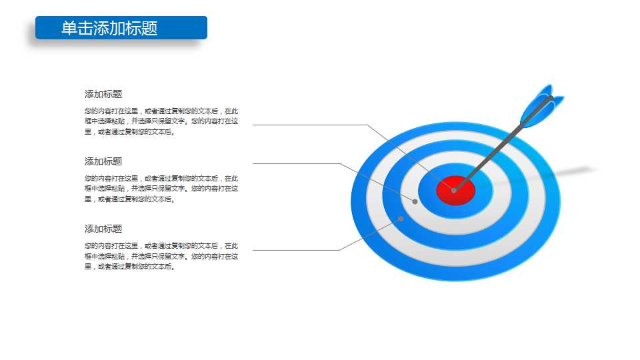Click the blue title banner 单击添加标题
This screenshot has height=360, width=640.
click(x=121, y=28)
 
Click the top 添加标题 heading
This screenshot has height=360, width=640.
click(x=103, y=94)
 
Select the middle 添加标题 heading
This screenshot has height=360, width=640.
click(x=103, y=161)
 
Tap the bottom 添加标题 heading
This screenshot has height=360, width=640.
click(x=103, y=229)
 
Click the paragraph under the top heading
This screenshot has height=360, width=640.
click(x=161, y=121)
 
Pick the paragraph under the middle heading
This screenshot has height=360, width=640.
click(x=161, y=189)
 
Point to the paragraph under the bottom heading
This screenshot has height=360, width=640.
click(x=161, y=256)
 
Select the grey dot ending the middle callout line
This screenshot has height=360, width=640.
click(x=415, y=201)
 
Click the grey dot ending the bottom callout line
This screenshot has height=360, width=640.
click(x=401, y=219)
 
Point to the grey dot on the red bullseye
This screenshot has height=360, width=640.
click(x=454, y=190)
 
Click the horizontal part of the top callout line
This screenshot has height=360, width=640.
click(x=310, y=125)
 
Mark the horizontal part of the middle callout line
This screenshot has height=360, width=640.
click(x=296, y=164)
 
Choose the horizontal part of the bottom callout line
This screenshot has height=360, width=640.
click(x=296, y=250)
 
